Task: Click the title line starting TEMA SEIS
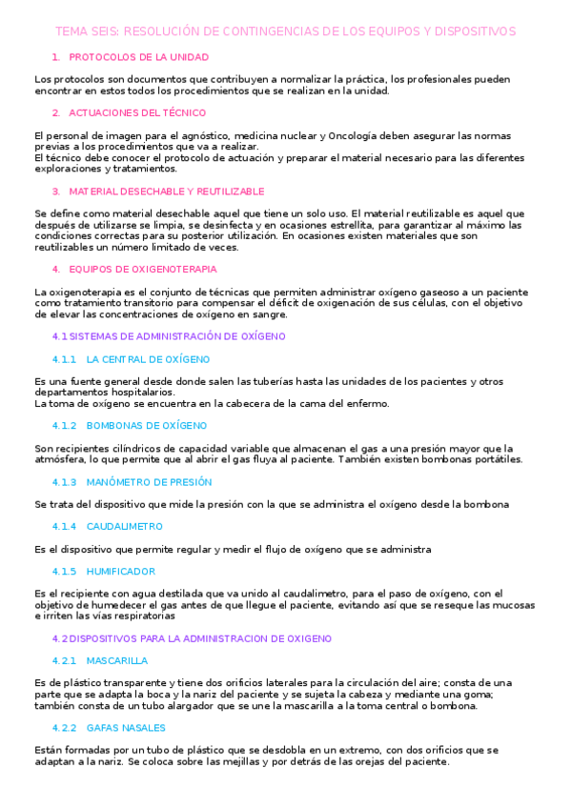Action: [285, 31]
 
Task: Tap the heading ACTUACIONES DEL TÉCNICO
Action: [144, 112]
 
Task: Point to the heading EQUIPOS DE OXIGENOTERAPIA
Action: [143, 269]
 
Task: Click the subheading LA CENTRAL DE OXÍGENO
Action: [148, 359]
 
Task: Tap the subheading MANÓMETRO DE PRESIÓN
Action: [149, 481]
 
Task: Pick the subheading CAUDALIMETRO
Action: [124, 526]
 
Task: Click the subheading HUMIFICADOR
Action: [120, 571]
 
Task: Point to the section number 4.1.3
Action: [64, 481]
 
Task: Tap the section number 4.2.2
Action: [64, 727]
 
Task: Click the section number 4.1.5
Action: [64, 571]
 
